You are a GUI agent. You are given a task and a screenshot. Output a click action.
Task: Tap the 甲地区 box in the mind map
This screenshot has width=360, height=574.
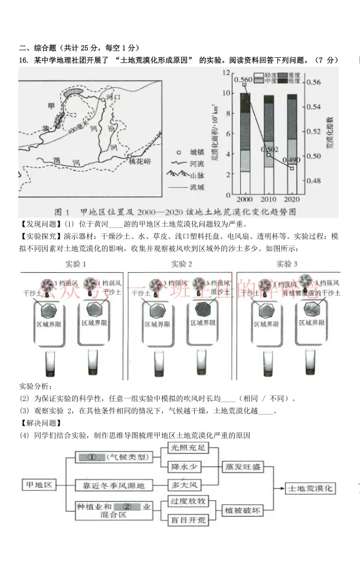(40, 485)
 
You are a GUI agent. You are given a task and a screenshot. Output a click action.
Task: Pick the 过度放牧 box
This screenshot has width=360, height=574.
(188, 501)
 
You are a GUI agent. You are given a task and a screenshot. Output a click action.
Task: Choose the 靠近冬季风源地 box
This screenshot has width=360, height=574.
(110, 485)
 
